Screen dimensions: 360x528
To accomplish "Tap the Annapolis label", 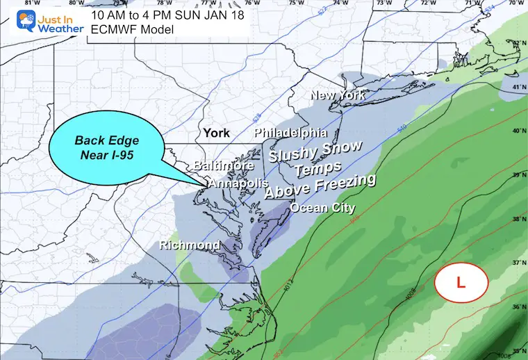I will [x=238, y=183].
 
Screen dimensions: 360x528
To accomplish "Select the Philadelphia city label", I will [x=290, y=132].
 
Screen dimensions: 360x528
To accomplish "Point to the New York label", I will [x=338, y=95].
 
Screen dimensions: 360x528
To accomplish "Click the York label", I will [x=216, y=132].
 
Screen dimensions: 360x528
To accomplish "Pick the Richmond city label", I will [x=190, y=245].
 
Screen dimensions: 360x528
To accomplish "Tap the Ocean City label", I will [x=322, y=208].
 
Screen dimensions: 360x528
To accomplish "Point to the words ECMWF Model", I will [x=130, y=29].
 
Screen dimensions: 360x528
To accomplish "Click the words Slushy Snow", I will [x=315, y=151].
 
